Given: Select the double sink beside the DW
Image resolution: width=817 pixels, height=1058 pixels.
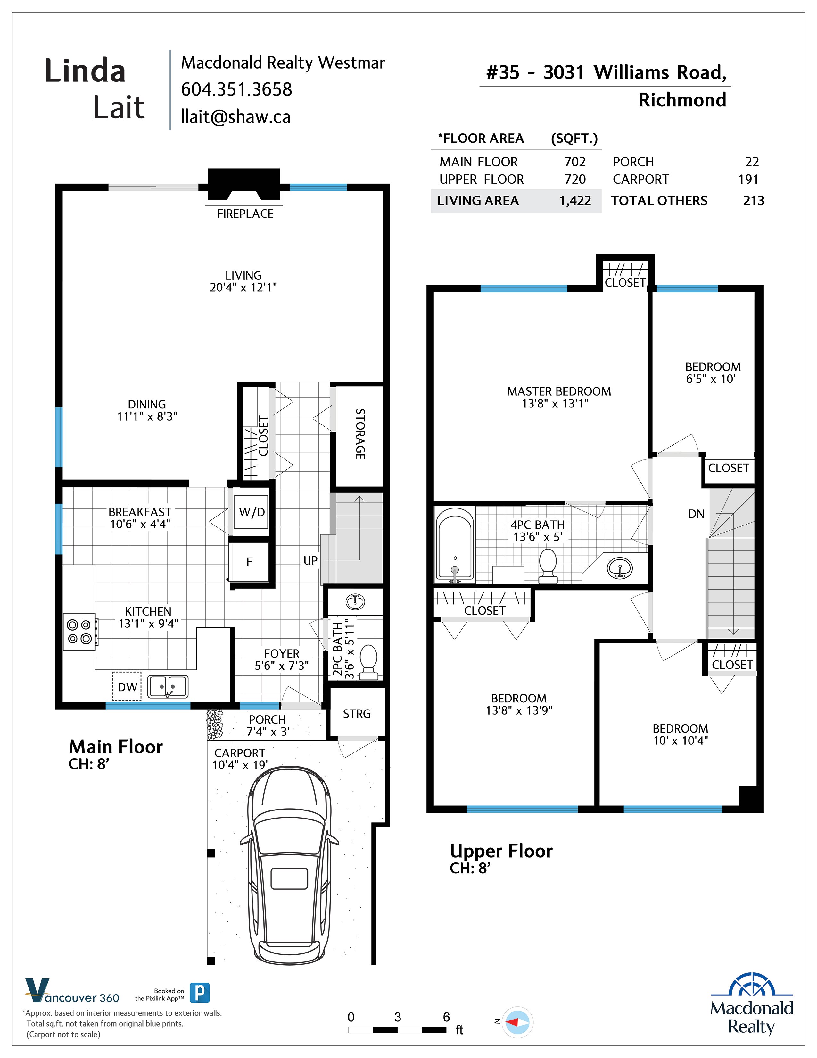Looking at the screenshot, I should click(168, 686).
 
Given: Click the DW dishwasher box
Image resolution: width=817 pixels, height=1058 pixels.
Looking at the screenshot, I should click(127, 686).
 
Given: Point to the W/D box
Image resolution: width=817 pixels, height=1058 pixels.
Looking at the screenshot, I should click(252, 512).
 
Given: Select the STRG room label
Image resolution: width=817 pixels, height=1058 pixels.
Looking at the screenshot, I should click(357, 714).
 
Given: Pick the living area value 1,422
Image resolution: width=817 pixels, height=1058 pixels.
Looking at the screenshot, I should click(575, 201).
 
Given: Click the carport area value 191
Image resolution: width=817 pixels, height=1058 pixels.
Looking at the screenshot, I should click(748, 179).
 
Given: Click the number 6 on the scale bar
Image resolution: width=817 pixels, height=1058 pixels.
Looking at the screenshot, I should click(446, 1017).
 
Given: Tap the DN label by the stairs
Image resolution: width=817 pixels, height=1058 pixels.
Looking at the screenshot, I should click(696, 514).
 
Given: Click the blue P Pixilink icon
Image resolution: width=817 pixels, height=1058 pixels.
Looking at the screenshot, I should click(199, 993).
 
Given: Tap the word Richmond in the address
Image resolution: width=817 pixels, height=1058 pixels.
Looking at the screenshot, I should click(682, 100).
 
